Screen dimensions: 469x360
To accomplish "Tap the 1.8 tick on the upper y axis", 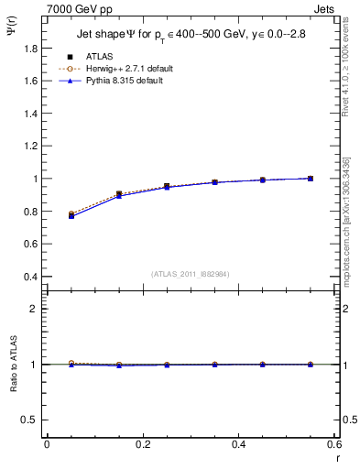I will point(47,48).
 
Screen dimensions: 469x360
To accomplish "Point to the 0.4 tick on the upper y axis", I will point(47,277).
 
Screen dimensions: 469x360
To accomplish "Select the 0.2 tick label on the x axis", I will point(142,444).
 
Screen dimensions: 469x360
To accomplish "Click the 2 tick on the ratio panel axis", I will point(47,309).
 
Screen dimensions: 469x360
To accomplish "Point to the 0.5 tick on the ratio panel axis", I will point(47,420).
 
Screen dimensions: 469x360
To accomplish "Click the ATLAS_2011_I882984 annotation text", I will point(191,274).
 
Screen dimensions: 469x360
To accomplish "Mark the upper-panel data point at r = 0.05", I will point(71,214).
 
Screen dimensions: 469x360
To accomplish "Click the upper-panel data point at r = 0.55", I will point(311,179).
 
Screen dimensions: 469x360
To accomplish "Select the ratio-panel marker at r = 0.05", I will point(71,364).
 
